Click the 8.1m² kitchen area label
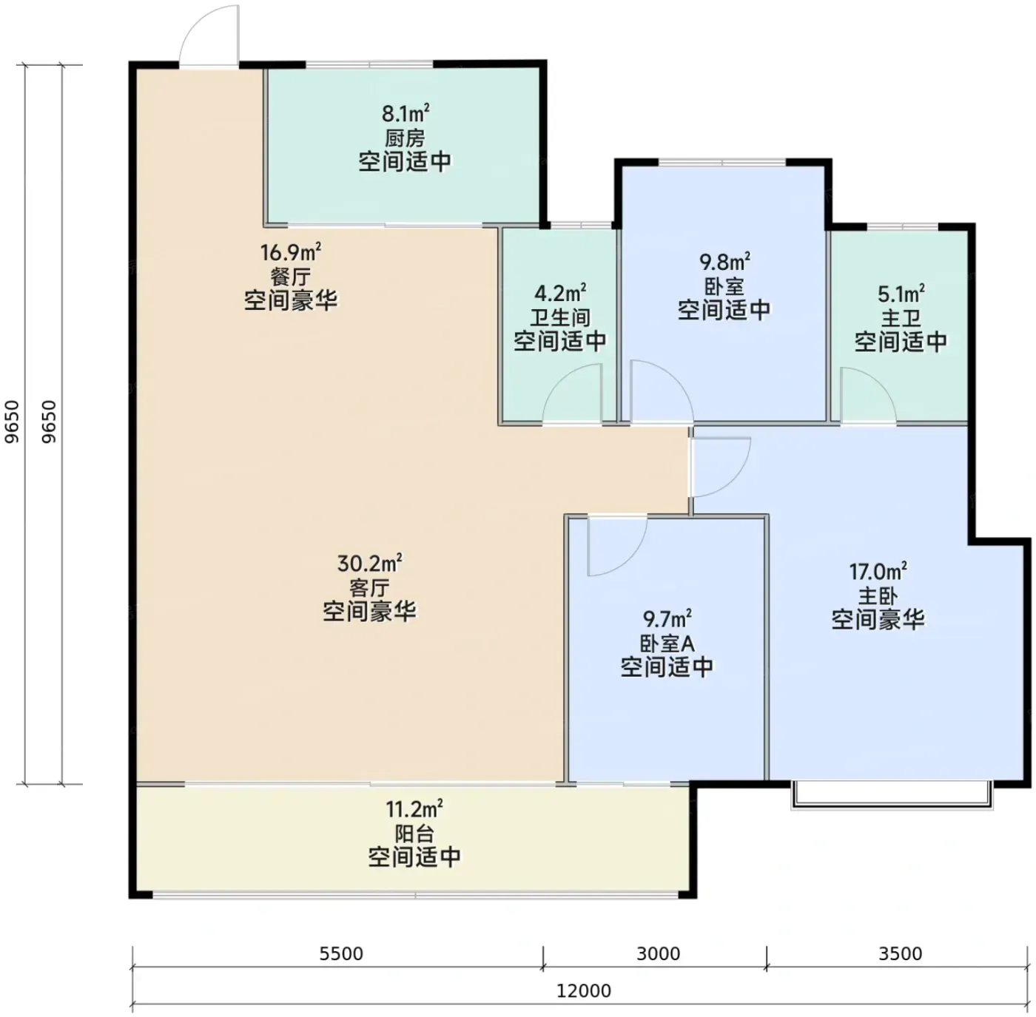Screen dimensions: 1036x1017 point(406,113)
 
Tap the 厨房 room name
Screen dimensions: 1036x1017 point(405,138)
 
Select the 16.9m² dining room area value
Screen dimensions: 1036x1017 point(291,251)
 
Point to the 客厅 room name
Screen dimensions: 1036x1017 point(369,588)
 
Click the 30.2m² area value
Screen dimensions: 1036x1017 point(369,564)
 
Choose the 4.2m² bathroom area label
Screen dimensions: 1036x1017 point(559,294)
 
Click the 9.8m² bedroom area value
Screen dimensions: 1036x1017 point(724,263)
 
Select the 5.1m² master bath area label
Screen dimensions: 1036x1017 point(901,294)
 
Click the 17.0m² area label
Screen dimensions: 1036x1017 point(878,572)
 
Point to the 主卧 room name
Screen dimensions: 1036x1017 point(878,595)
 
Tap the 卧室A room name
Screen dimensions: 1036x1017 point(667,643)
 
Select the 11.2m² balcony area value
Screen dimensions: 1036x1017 point(414,809)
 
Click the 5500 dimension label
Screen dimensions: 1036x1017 point(341,953)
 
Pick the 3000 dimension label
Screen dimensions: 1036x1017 point(658,953)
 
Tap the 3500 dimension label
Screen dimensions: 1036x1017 point(901,953)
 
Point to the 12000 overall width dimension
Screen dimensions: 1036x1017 point(583,990)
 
